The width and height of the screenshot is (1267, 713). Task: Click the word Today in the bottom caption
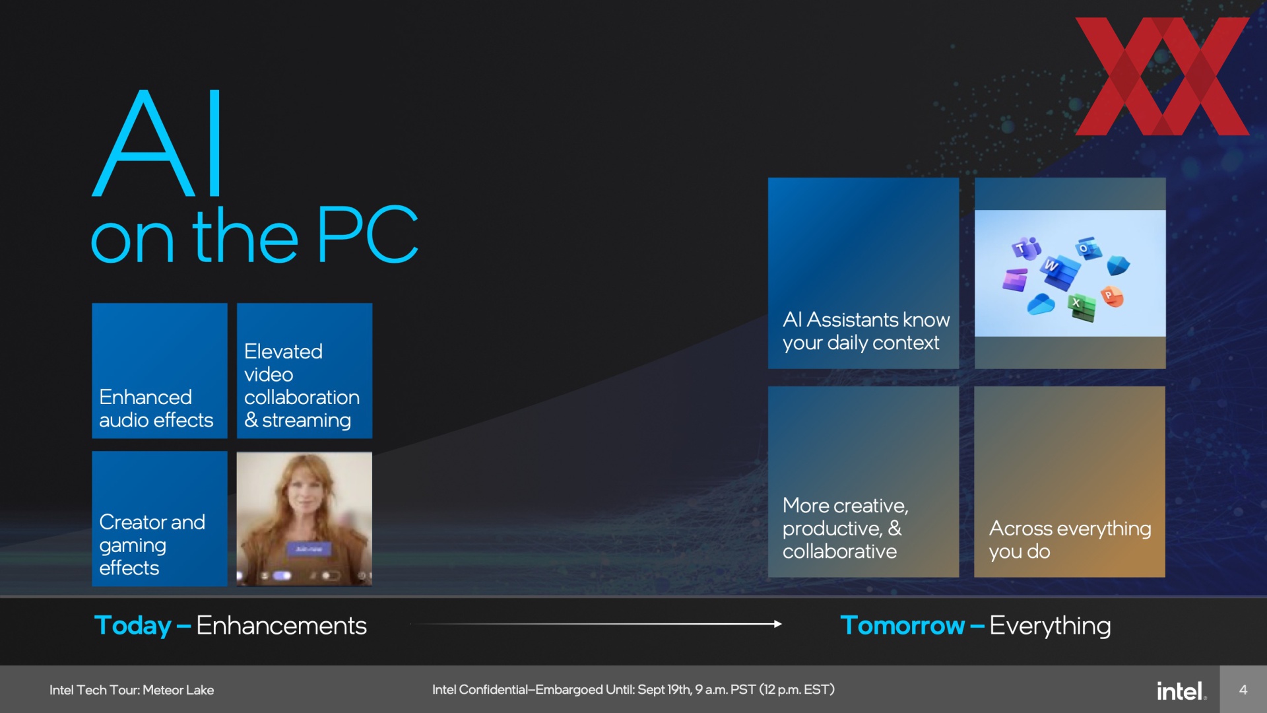click(133, 625)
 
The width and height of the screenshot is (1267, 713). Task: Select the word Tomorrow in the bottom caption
click(902, 625)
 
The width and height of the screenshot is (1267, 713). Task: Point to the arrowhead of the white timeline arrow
click(778, 624)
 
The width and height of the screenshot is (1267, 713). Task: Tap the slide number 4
click(1243, 690)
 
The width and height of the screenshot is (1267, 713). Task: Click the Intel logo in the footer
click(1181, 691)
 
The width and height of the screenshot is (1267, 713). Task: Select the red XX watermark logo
click(1162, 76)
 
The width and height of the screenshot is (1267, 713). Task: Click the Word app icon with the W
click(1060, 271)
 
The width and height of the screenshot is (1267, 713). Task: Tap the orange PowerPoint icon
click(1112, 296)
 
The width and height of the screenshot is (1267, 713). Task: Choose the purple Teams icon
click(1026, 249)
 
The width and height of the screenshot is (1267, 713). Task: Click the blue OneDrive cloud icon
click(1041, 304)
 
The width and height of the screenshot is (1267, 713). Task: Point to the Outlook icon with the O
click(1088, 249)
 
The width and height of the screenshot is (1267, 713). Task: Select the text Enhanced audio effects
click(156, 409)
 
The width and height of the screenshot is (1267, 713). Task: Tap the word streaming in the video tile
click(306, 421)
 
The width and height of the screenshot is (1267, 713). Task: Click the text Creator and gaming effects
click(152, 545)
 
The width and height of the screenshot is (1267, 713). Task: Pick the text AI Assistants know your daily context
click(866, 331)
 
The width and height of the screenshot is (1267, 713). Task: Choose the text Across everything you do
click(1070, 539)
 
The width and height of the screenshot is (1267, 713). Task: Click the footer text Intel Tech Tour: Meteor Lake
click(131, 690)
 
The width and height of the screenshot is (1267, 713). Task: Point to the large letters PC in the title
click(368, 234)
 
